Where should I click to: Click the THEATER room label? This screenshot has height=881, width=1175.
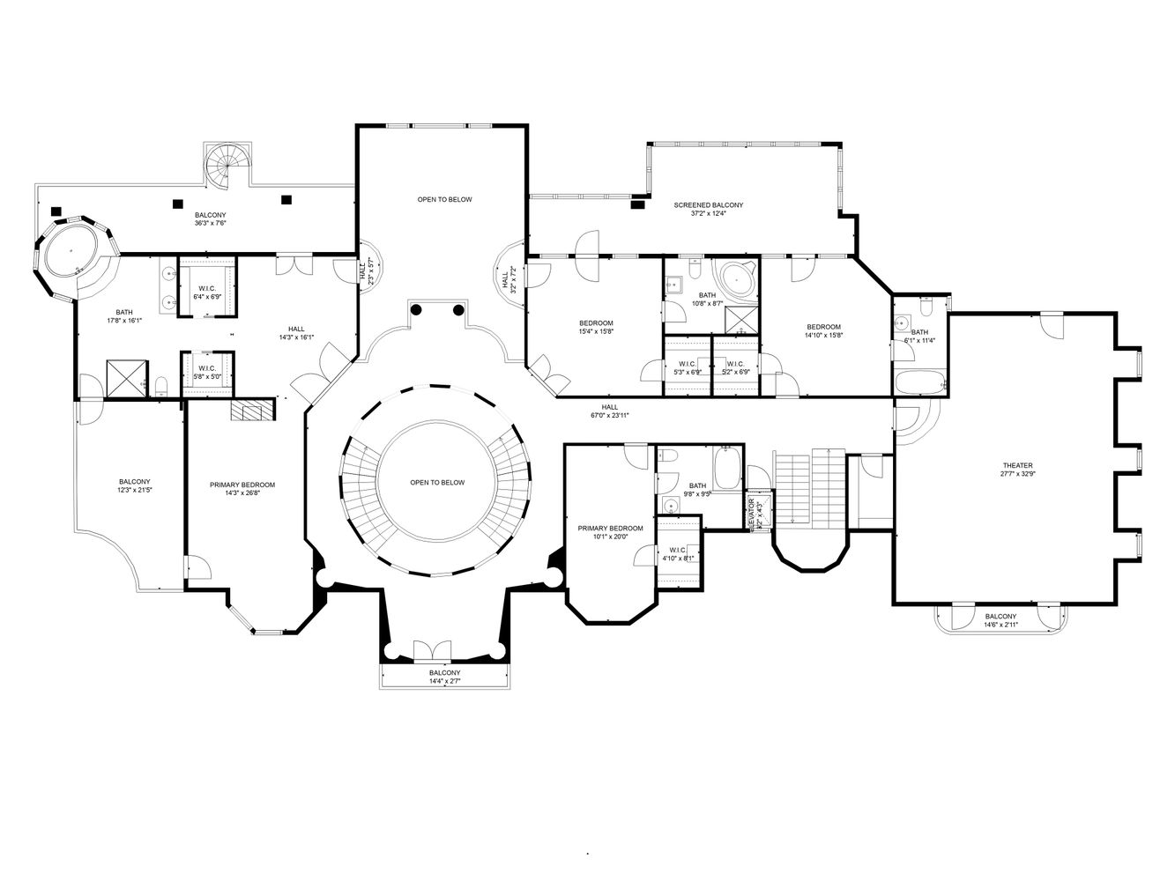click(x=1016, y=465)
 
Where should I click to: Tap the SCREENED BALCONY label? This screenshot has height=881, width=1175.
click(x=708, y=204)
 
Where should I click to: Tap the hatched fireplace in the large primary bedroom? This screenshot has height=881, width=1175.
click(x=253, y=410)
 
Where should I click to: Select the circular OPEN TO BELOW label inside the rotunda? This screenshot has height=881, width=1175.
click(x=436, y=482)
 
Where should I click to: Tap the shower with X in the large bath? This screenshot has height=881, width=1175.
click(x=125, y=377)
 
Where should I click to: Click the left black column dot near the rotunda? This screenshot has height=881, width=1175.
click(x=417, y=309)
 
